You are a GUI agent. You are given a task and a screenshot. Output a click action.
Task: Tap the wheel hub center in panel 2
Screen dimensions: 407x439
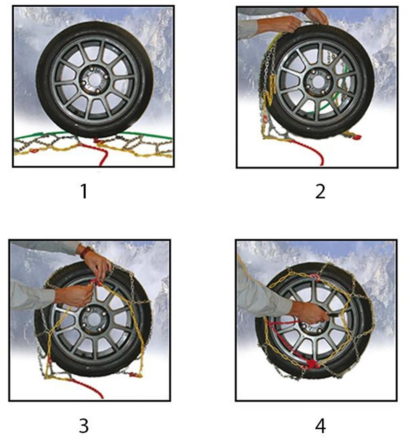pyautogui.click(x=319, y=82)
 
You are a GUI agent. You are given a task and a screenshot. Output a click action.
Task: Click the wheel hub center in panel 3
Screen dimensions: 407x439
pyautogui.click(x=94, y=320)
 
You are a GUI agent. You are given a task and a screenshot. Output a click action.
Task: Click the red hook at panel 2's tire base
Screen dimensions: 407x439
pyautogui.click(x=356, y=137)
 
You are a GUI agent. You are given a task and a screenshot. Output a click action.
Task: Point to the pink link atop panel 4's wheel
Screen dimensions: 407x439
pyautogui.click(x=316, y=277)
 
